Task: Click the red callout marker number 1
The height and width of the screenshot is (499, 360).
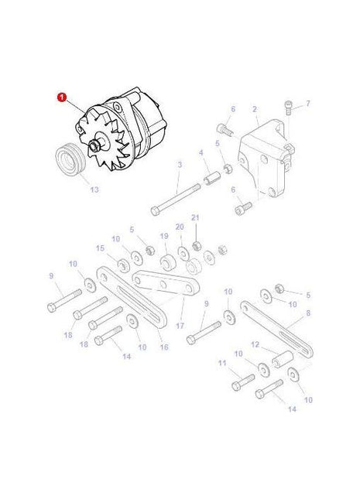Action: (60, 98)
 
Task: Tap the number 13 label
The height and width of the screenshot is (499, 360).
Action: (94, 189)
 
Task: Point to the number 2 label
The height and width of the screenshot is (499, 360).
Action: (255, 111)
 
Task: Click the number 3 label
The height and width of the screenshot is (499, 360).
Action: (180, 165)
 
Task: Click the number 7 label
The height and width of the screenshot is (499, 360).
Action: (307, 103)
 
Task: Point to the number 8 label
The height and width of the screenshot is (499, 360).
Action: (307, 313)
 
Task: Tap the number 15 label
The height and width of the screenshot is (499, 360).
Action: (100, 248)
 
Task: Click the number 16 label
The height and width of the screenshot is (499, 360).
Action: (164, 347)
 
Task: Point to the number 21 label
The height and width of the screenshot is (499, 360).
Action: (196, 218)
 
